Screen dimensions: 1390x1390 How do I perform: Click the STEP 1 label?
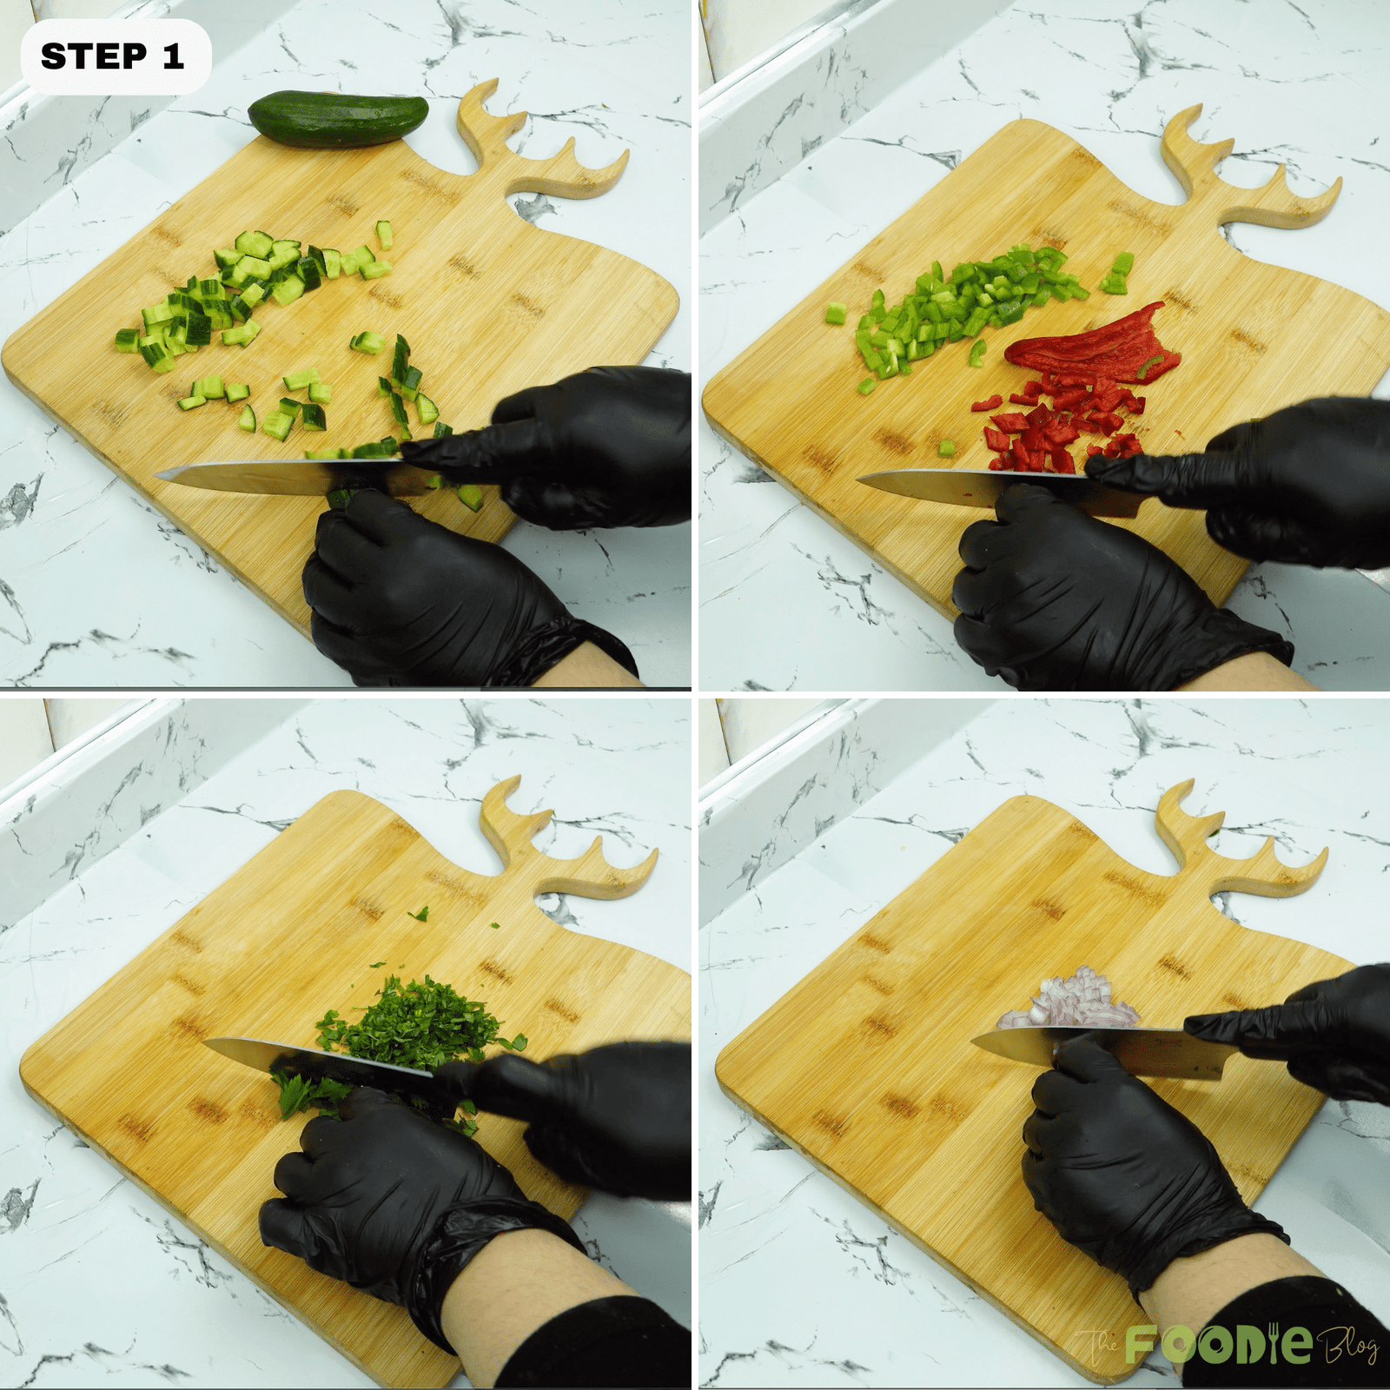click(x=114, y=56)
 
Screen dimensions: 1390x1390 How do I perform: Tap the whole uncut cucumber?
click(x=338, y=119)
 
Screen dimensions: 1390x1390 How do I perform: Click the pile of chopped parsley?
click(x=408, y=1021)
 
